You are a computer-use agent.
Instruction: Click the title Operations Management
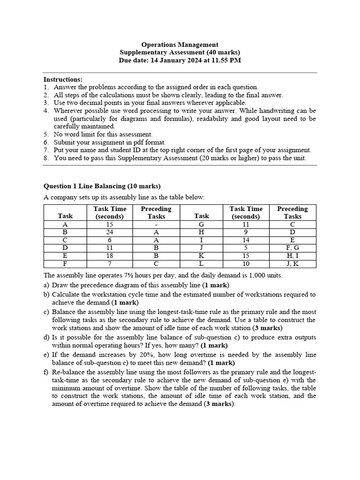pyautogui.click(x=180, y=45)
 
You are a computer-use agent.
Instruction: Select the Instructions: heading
pyautogui.click(x=63, y=79)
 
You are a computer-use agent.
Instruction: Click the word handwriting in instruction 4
pyautogui.click(x=262, y=111)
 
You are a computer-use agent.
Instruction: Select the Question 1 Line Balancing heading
pyautogui.click(x=102, y=186)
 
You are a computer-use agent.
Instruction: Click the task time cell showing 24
pyautogui.click(x=109, y=232)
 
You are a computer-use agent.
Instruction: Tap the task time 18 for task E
pyautogui.click(x=109, y=256)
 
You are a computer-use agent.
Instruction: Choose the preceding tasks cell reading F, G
pyautogui.click(x=292, y=248)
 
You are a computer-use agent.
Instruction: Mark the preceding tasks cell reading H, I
pyautogui.click(x=292, y=256)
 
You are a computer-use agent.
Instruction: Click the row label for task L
pyautogui.click(x=202, y=264)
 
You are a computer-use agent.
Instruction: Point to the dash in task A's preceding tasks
pyautogui.click(x=156, y=225)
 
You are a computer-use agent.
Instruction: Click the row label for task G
pyautogui.click(x=202, y=225)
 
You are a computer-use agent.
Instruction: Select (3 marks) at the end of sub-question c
pyautogui.click(x=268, y=328)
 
